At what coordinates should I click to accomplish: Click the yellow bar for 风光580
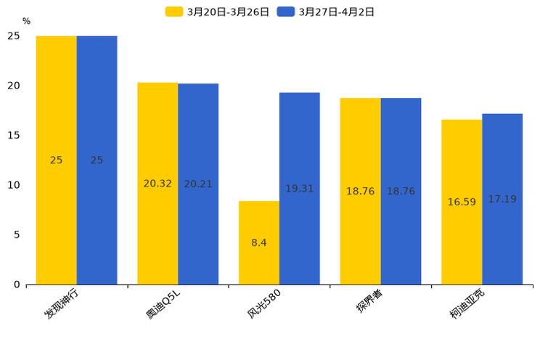click(x=259, y=242)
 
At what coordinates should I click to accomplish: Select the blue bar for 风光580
click(x=300, y=189)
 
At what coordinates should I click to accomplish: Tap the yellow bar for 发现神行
click(x=56, y=160)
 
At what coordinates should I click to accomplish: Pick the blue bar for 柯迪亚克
click(x=502, y=199)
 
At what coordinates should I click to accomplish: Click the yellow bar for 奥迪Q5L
click(x=157, y=184)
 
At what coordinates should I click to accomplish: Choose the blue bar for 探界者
click(x=401, y=191)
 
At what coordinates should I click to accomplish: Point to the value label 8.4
click(x=259, y=243)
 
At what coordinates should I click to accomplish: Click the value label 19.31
click(x=300, y=189)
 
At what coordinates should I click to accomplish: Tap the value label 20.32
click(x=157, y=184)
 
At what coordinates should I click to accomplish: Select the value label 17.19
click(x=502, y=199)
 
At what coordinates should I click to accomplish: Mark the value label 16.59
click(x=462, y=202)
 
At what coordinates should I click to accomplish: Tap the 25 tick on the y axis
click(x=15, y=36)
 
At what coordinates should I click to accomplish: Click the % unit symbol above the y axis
click(x=26, y=22)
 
